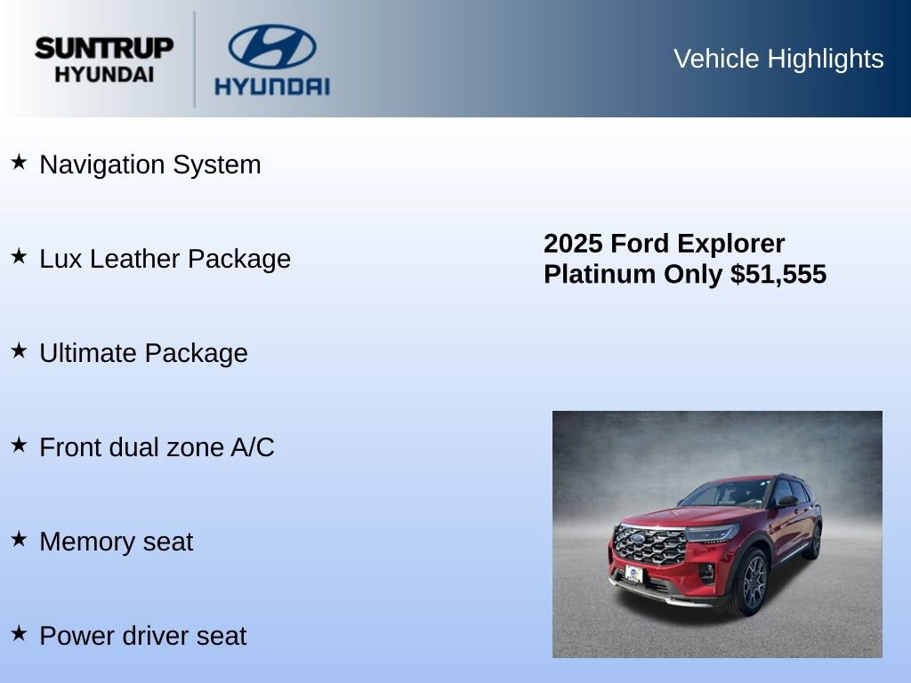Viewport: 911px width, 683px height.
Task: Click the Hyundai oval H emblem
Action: pyautogui.click(x=271, y=46)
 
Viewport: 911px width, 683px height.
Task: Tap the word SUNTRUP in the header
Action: pyautogui.click(x=104, y=48)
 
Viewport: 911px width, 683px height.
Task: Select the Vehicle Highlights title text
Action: pyautogui.click(x=778, y=59)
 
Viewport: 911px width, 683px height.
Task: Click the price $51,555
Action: pyautogui.click(x=778, y=274)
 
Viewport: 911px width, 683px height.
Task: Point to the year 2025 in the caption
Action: pyautogui.click(x=574, y=244)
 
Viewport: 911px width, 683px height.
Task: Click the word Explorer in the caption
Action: pyautogui.click(x=730, y=244)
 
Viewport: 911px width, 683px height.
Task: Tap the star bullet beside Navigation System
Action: pyautogui.click(x=19, y=162)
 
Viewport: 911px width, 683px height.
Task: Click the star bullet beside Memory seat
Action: pyautogui.click(x=19, y=539)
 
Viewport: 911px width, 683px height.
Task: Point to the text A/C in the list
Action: pyautogui.click(x=252, y=447)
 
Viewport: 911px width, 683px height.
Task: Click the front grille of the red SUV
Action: pyautogui.click(x=650, y=545)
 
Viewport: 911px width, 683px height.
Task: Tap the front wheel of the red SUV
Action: pyautogui.click(x=753, y=583)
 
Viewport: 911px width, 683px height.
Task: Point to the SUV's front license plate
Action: pyautogui.click(x=633, y=574)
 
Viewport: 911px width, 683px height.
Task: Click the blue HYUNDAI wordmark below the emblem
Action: pyautogui.click(x=271, y=86)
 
